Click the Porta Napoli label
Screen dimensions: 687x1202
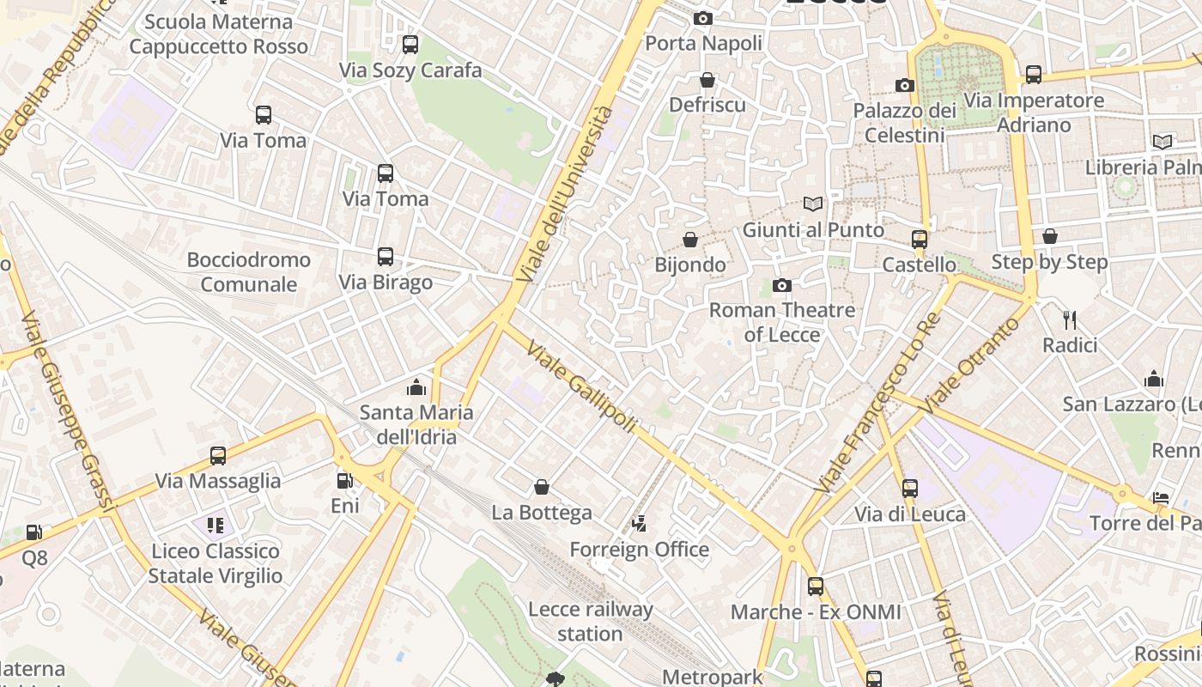(x=703, y=43)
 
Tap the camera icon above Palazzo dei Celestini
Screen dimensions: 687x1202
(x=904, y=85)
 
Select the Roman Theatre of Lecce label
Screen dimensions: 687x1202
(x=781, y=322)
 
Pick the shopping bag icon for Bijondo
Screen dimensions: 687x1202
(x=690, y=240)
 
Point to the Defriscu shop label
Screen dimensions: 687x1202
(x=707, y=105)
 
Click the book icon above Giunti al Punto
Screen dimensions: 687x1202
(x=812, y=204)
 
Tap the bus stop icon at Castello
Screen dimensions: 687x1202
(x=920, y=240)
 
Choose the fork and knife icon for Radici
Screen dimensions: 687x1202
(x=1070, y=320)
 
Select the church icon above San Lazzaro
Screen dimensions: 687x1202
(x=1154, y=379)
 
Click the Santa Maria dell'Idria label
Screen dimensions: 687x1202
(x=416, y=424)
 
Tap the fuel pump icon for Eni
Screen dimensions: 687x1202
(x=344, y=481)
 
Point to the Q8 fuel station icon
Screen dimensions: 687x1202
(x=33, y=533)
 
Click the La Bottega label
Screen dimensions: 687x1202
(x=542, y=513)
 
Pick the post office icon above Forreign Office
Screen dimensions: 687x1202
(x=639, y=523)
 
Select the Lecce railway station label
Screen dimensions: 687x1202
(x=590, y=622)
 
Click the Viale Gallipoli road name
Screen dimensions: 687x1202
(x=582, y=387)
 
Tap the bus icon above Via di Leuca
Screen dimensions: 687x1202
(x=910, y=489)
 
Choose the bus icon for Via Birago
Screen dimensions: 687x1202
(x=385, y=257)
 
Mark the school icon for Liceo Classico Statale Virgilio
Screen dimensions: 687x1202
(x=215, y=525)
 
